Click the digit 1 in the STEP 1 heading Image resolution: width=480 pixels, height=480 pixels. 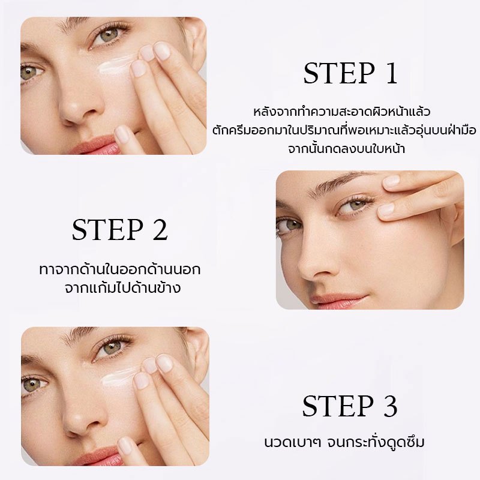tap(392, 73)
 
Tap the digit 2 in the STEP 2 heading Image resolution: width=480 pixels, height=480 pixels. tap(160, 229)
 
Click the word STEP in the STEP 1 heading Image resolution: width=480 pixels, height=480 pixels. tap(339, 73)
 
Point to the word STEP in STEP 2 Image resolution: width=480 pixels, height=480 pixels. tap(108, 229)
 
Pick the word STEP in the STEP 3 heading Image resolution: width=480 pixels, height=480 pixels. tap(338, 406)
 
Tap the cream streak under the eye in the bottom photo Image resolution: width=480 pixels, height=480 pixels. tap(118, 378)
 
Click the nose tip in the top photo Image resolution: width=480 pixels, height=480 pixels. tap(75, 115)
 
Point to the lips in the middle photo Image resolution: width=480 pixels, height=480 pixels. tap(338, 301)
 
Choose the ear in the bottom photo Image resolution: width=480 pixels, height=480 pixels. tap(199, 352)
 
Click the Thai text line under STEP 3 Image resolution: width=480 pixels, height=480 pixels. tap(344, 442)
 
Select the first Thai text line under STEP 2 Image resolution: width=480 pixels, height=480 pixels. tap(119, 269)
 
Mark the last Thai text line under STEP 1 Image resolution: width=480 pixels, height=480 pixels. tap(346, 148)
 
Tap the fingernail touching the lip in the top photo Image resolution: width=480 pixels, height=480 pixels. tap(122, 134)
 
